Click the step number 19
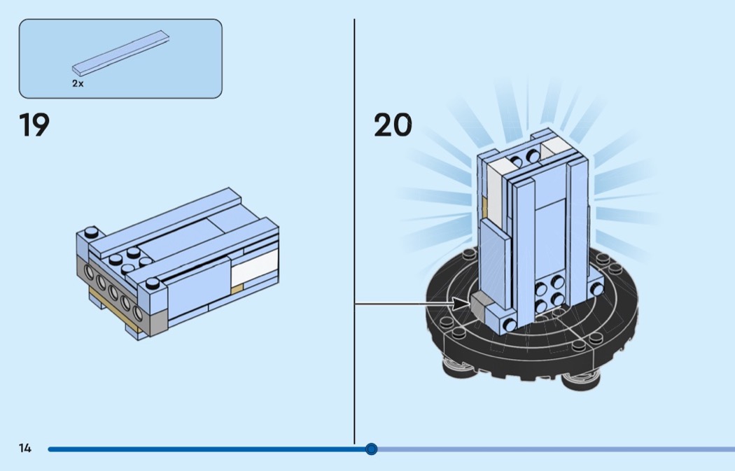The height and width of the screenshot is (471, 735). [x=34, y=125]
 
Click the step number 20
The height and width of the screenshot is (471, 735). [x=393, y=125]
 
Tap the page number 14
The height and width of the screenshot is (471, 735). [x=24, y=448]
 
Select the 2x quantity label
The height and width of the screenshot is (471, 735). [x=78, y=83]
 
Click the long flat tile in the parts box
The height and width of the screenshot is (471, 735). [x=120, y=53]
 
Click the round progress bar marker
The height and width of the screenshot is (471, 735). [x=371, y=449]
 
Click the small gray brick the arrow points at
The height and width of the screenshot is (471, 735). [x=477, y=304]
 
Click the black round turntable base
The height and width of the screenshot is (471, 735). [x=532, y=323]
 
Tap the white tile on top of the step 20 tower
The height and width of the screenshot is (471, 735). [x=556, y=148]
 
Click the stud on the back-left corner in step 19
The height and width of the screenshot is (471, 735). [x=92, y=232]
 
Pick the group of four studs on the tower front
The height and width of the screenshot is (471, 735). [x=549, y=294]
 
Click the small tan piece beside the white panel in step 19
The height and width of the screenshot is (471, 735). [x=237, y=289]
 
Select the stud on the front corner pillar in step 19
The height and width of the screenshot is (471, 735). [x=153, y=283]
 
